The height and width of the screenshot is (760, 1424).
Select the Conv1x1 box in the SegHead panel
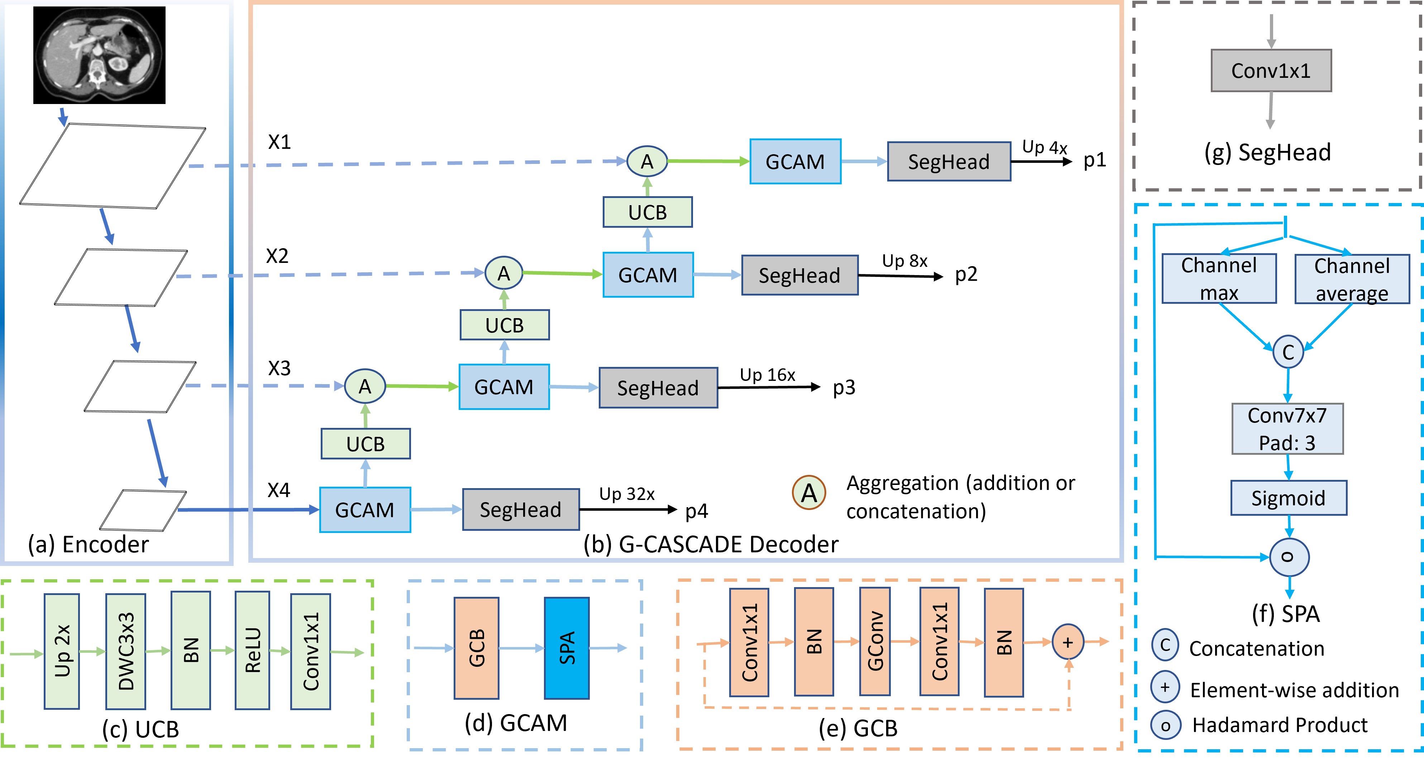1271,71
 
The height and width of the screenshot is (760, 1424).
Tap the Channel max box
1219,279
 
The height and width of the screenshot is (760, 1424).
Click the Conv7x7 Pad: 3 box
1287,429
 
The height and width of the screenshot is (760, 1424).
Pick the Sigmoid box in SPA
1288,498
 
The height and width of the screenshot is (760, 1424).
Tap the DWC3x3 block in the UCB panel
126,651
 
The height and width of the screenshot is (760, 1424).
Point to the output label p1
1095,160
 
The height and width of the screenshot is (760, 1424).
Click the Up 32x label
626,494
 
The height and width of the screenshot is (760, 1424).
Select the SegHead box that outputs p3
658,388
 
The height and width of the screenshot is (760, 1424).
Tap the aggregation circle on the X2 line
503,273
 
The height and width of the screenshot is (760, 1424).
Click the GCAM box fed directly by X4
365,509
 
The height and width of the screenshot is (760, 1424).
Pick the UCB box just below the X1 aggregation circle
648,212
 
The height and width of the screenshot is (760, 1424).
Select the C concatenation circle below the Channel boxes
1288,352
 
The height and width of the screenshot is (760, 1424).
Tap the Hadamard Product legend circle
1165,725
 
